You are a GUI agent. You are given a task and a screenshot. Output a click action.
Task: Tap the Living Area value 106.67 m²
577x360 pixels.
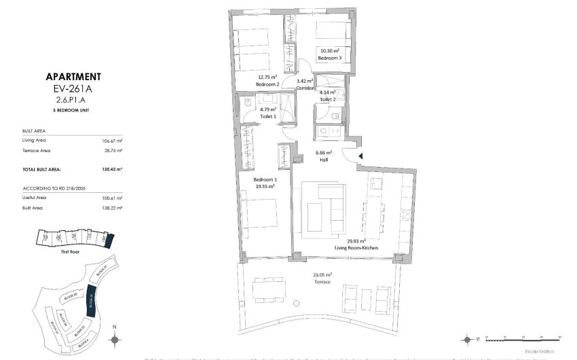112,140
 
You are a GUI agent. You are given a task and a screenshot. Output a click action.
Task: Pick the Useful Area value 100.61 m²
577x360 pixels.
112,197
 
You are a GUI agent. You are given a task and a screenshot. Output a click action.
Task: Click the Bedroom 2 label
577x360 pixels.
267,84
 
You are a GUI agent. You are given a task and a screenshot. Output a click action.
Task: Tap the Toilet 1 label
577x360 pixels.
268,116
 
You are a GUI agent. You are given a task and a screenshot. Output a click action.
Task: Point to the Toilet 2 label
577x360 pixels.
328,98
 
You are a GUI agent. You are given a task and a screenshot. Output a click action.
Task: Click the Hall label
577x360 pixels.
324,160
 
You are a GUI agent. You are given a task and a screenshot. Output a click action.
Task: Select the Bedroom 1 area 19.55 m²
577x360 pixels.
264,186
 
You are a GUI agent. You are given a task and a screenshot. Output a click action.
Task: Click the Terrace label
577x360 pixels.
322,281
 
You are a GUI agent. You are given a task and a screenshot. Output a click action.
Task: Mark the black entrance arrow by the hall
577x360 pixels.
360,156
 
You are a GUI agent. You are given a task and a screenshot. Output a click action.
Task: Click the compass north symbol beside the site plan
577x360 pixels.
115,338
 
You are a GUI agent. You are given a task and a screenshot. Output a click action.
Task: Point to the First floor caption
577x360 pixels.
71,251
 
